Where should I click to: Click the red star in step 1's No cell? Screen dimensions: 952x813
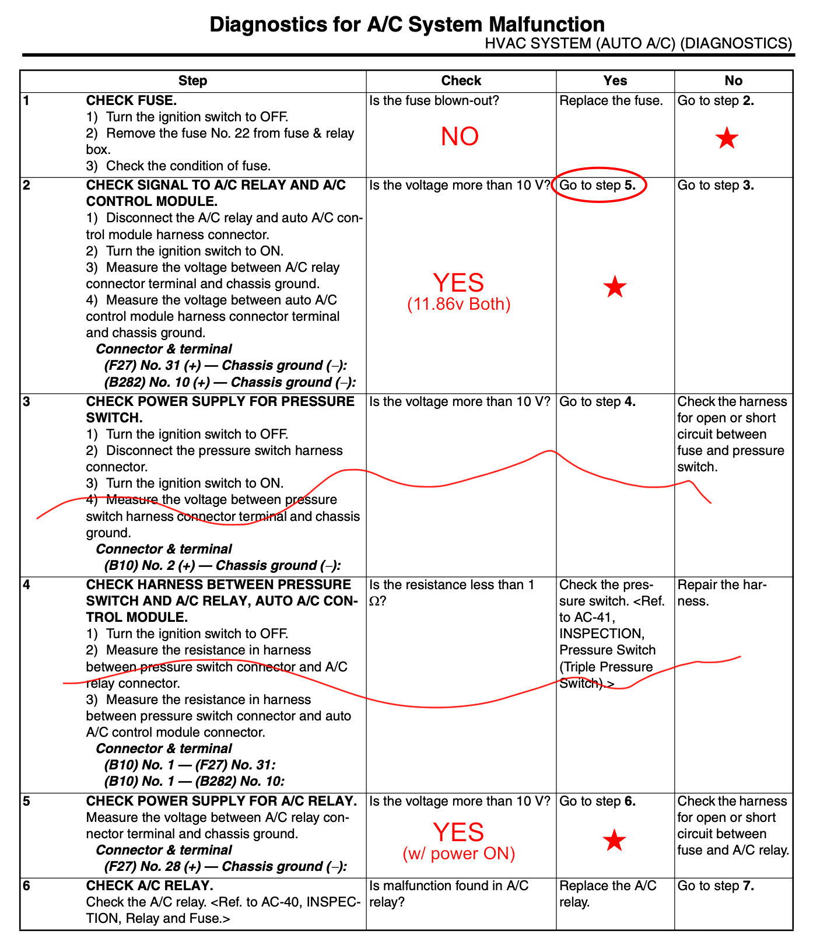[x=727, y=138]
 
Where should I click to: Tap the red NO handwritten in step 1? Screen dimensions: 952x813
[x=460, y=136]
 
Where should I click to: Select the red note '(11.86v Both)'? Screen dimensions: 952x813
[x=458, y=304]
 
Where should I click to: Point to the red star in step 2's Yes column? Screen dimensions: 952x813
[x=615, y=287]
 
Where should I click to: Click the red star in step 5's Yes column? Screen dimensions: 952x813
[x=614, y=841]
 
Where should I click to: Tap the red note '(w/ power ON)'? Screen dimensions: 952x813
[x=459, y=854]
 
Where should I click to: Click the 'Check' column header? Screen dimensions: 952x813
[x=461, y=80]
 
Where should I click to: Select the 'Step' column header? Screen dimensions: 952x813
[x=192, y=80]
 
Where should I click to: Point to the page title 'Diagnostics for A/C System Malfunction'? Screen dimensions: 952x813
[x=406, y=24]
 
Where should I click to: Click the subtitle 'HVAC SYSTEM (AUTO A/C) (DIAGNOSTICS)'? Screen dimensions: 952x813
[x=638, y=44]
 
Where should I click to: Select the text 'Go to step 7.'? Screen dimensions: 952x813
[x=716, y=885]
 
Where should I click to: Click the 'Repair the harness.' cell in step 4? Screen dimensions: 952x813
[x=722, y=593]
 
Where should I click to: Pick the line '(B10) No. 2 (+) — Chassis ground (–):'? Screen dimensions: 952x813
[x=222, y=565]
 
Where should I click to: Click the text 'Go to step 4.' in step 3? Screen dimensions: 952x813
[x=597, y=401]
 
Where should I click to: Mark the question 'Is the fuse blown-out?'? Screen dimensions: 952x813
[x=434, y=100]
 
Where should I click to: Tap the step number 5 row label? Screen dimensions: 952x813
[x=26, y=801]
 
